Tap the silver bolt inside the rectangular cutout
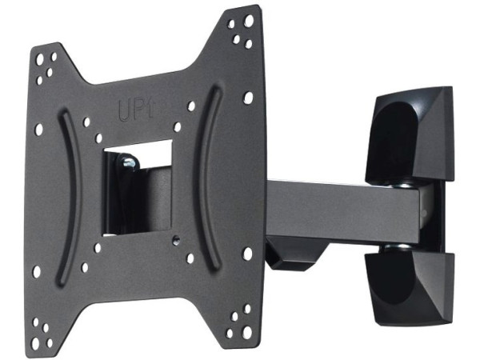pos(130,163)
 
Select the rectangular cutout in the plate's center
pos(138,189)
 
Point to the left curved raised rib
pos(70,196)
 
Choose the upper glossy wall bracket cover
pos(410,134)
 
